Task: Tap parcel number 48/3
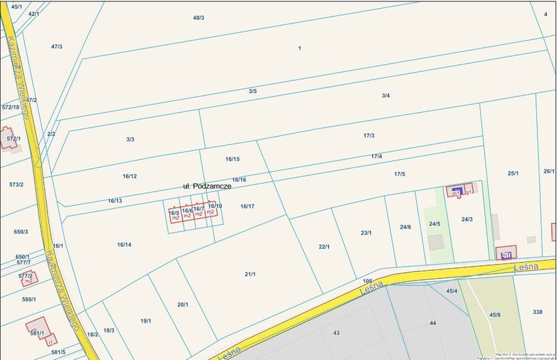199,17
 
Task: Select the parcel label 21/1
250,274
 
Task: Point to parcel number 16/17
247,206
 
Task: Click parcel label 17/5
399,174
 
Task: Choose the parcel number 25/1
513,173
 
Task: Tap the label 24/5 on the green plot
434,223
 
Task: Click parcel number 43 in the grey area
336,333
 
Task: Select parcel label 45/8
495,315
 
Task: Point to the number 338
538,312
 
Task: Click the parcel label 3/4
386,95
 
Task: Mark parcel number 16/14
124,245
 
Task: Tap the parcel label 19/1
146,321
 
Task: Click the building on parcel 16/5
175,215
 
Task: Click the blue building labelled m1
456,192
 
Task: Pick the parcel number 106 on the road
367,281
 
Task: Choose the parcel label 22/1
324,247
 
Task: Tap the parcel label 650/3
21,232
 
